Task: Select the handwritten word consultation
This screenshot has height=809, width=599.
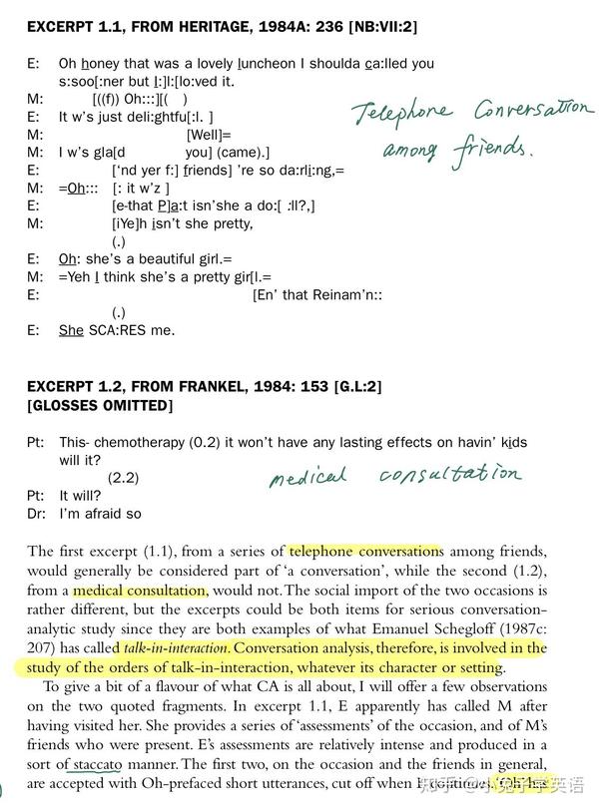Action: click(x=449, y=474)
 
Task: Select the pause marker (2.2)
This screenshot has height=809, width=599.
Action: click(x=126, y=476)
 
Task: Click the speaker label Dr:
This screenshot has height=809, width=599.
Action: click(x=36, y=513)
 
